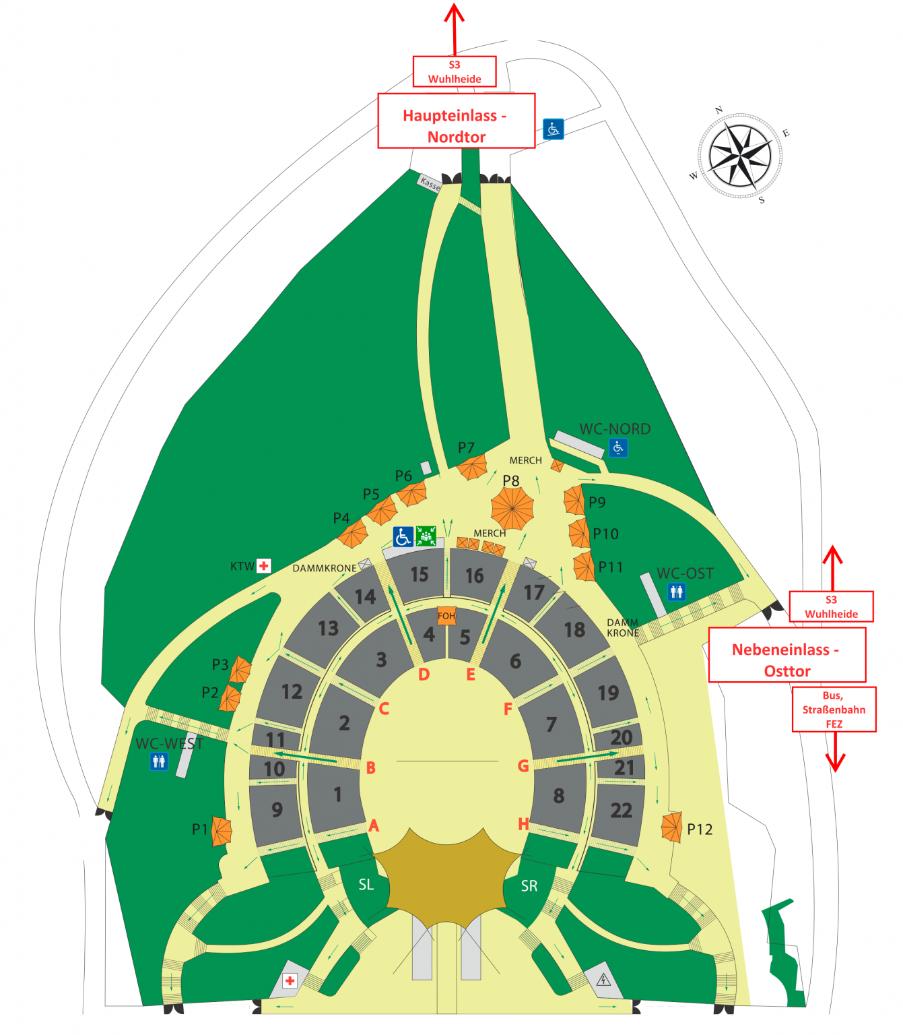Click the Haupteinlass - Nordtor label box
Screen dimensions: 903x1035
pos(456,121)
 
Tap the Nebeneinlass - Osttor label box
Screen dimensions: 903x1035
pos(787,654)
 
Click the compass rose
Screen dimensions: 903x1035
pos(739,156)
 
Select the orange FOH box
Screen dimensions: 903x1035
pos(446,615)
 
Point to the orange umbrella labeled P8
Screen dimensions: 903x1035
pos(512,508)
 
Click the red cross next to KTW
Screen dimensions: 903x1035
pos(263,565)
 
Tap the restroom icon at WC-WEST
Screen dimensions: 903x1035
pos(159,761)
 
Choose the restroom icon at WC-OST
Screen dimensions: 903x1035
pos(677,592)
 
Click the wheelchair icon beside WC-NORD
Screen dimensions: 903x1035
pos(618,447)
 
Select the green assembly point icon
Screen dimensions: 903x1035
pos(426,536)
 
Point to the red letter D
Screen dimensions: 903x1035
pos(424,675)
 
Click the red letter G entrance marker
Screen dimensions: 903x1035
pos(523,766)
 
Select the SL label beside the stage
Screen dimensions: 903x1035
pos(366,885)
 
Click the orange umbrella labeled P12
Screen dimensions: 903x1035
pos(671,827)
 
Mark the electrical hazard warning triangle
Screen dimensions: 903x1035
pos(603,980)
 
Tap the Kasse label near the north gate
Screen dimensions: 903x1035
pos(430,183)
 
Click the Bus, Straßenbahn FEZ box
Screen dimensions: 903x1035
pos(834,710)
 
